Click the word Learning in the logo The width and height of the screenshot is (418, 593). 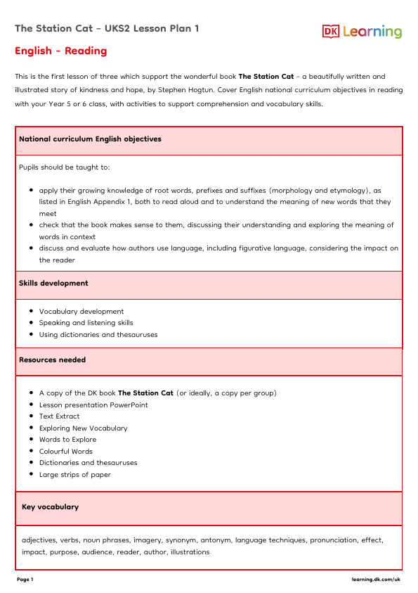point(372,32)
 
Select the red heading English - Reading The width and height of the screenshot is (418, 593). point(61,51)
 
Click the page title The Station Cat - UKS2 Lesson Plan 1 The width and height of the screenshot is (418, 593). point(107,28)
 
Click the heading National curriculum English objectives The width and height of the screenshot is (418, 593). point(90,139)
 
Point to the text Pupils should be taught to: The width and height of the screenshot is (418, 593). point(65,167)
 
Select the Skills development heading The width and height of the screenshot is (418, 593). point(54,283)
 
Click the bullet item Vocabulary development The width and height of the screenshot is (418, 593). point(81,312)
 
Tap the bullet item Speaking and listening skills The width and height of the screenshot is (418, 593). point(86,323)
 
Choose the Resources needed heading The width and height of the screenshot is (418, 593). point(53,359)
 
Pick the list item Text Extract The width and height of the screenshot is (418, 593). point(60,416)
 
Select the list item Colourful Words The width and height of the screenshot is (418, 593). point(66,451)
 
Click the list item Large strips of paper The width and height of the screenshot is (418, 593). point(75,474)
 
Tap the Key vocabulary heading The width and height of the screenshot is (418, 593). point(51,506)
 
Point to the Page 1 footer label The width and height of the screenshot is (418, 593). point(25,579)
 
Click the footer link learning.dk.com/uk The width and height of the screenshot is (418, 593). point(376,579)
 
